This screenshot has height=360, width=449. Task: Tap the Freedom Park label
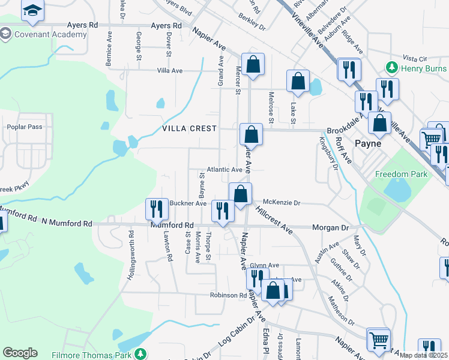coord(401,174)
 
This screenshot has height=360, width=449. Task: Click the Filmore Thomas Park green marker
coord(140,353)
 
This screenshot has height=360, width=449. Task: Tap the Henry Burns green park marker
coord(392,66)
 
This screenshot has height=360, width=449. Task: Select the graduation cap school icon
coord(32,11)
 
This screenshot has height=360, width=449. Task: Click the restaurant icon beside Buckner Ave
coord(157,209)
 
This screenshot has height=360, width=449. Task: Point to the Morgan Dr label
coord(330,227)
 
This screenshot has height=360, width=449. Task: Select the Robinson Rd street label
coord(228,295)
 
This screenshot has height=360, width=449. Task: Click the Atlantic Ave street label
coord(224,170)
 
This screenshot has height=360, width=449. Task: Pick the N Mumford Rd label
coord(67,223)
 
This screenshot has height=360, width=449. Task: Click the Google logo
coord(20,353)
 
